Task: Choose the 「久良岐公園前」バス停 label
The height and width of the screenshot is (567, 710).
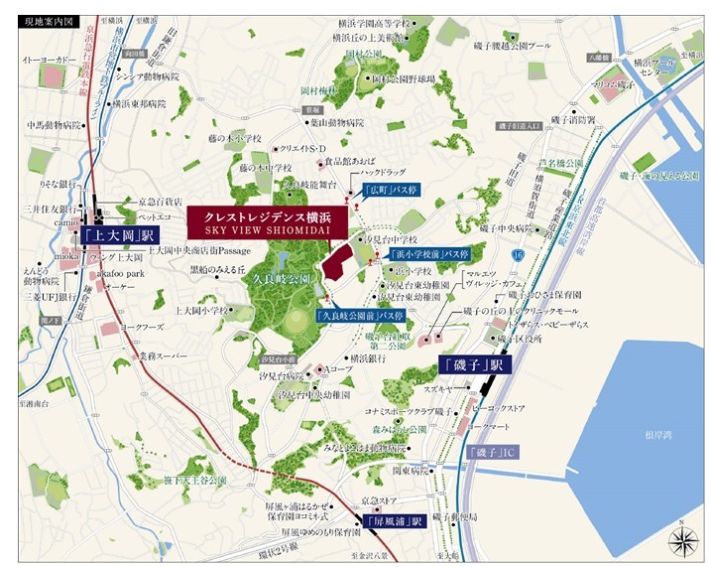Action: click(359, 315)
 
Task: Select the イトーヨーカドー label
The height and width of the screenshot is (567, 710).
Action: click(50, 62)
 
